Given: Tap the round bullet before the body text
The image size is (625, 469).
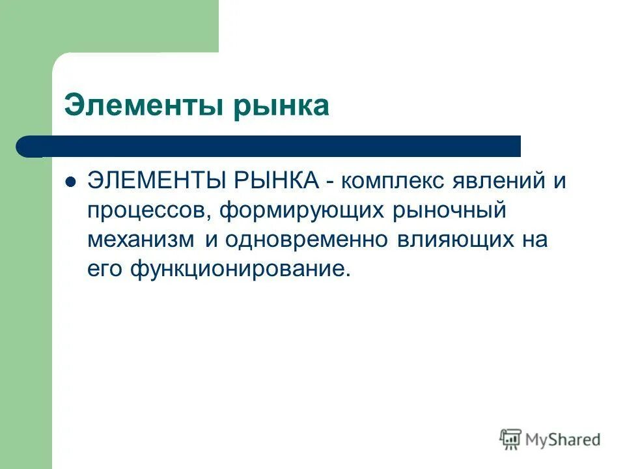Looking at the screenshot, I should coord(72,182).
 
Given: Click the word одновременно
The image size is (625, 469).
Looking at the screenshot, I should coord(305,240).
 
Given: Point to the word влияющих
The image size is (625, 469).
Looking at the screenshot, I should coord(452,240).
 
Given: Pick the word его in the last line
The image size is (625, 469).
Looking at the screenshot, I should coord(103,268).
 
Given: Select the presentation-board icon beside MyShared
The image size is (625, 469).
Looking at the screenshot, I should coord(510,439).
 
